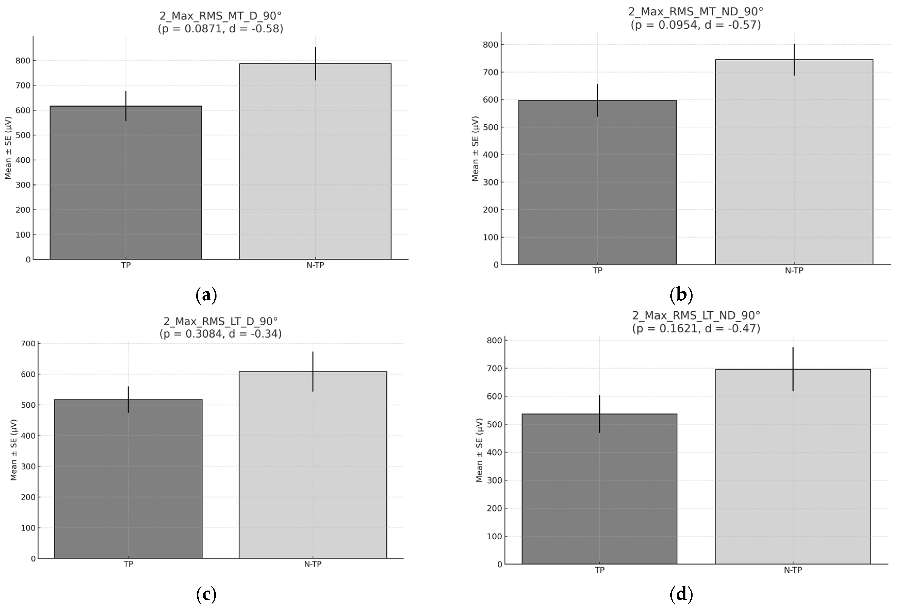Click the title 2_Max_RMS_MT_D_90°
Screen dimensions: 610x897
220,16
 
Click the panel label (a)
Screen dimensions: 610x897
206,295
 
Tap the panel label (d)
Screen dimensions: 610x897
681,594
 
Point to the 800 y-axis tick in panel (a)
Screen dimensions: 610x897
23,61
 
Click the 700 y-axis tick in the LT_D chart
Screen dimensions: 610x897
28,343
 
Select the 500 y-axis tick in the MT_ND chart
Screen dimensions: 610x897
491,127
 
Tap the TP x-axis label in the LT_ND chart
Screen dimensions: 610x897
599,570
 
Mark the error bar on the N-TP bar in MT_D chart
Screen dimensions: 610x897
315,64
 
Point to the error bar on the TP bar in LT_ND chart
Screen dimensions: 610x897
599,414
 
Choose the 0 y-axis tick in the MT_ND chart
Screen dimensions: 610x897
496,265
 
